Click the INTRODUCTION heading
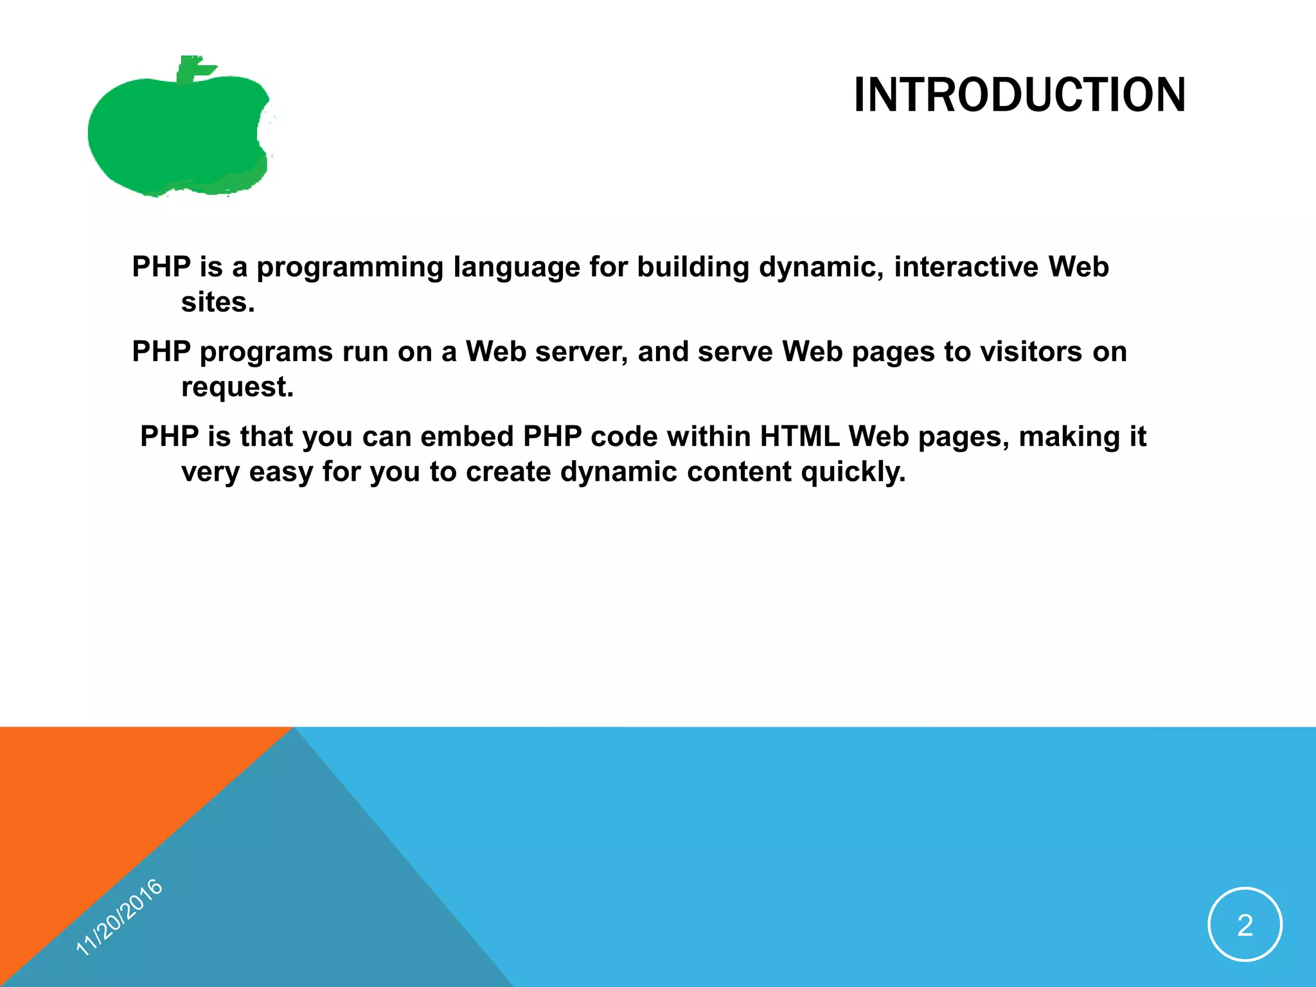coord(1019,95)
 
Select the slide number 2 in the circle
coord(1245,925)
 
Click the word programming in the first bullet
coord(350,267)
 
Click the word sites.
coord(217,303)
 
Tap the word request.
coord(236,387)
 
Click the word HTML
coord(799,437)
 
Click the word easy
coord(281,472)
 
